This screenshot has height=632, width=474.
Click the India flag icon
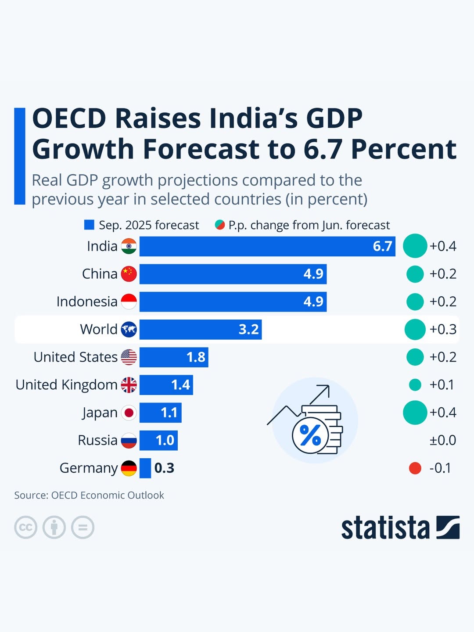tap(129, 246)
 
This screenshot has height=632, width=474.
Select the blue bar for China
tap(233, 274)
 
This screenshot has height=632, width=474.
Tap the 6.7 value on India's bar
tap(382, 246)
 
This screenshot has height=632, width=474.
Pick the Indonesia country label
tap(87, 302)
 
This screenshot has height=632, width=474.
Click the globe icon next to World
tap(129, 329)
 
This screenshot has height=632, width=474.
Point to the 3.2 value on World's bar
tap(248, 329)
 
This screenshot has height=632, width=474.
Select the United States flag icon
tap(129, 357)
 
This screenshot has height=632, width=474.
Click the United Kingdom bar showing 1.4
tap(166, 385)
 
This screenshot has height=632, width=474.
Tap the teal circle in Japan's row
tap(415, 413)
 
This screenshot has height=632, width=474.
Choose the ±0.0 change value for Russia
tap(442, 440)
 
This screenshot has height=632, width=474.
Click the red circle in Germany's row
tap(415, 468)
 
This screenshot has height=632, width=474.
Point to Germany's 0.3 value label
tap(164, 468)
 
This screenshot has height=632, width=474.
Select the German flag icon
tap(129, 468)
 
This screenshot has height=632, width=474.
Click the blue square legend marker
tap(89, 225)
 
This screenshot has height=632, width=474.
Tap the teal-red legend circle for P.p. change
tap(220, 225)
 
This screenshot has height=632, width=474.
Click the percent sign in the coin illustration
tap(310, 436)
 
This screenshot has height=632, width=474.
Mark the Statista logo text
tap(385, 528)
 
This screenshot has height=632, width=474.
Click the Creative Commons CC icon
tap(25, 527)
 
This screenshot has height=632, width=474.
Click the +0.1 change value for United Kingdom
tap(442, 385)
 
